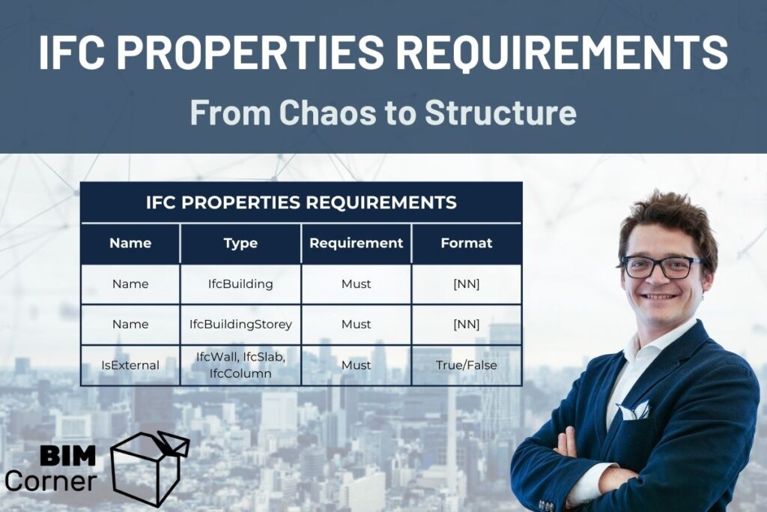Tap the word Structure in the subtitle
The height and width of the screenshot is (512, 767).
click(500, 113)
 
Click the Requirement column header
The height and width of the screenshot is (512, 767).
click(356, 243)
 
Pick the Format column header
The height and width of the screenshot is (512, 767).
click(467, 243)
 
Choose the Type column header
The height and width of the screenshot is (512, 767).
click(240, 243)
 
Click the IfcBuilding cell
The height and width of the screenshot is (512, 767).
click(240, 284)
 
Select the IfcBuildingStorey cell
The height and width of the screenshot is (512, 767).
click(240, 325)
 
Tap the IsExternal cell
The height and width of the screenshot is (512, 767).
click(130, 365)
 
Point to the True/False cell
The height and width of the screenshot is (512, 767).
click(467, 365)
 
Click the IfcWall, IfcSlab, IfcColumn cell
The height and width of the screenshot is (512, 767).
click(240, 365)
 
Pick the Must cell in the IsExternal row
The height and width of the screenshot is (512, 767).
click(356, 365)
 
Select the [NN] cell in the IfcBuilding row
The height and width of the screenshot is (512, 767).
click(467, 284)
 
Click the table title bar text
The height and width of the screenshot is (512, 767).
click(301, 202)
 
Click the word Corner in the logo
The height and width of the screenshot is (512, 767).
click(50, 481)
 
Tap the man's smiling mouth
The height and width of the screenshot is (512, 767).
click(661, 297)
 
